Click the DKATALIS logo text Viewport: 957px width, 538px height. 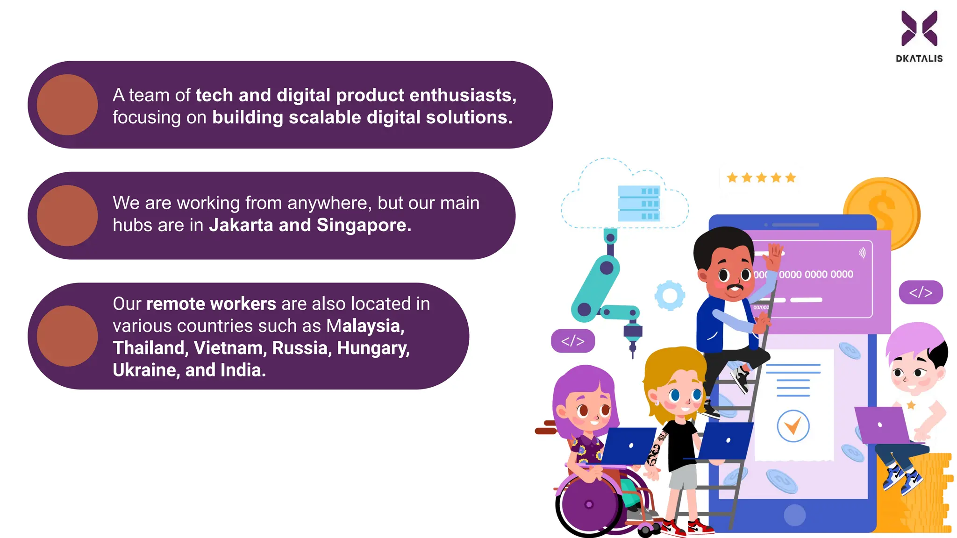(919, 59)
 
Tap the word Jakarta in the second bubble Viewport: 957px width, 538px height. (241, 225)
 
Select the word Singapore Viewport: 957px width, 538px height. (364, 225)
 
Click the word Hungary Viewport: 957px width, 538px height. (373, 348)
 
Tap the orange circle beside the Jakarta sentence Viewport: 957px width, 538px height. (67, 216)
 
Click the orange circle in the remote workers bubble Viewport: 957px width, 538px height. (67, 336)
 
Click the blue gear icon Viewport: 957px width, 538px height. (670, 296)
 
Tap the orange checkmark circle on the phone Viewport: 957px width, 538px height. (793, 426)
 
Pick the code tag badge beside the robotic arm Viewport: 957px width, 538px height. (573, 341)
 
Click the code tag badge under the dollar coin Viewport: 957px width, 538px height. (921, 292)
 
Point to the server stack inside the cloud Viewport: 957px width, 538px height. (639, 204)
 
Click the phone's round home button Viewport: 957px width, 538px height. (794, 515)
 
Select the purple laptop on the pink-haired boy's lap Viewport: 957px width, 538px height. (881, 425)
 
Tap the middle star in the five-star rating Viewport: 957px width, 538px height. (761, 177)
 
